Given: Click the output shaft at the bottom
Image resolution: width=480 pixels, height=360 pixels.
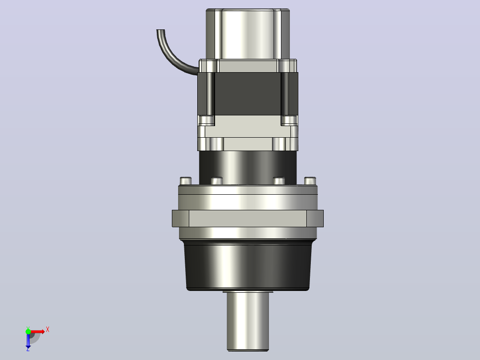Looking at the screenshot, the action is pyautogui.click(x=248, y=321).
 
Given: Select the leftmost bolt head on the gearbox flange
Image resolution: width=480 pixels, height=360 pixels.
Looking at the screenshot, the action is pyautogui.click(x=186, y=181).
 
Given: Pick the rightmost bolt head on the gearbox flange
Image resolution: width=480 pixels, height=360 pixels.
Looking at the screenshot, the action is pyautogui.click(x=310, y=181).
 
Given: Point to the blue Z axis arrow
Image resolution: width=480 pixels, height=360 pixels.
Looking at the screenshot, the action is pyautogui.click(x=28, y=341).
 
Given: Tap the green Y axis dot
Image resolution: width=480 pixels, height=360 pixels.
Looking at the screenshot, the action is pyautogui.click(x=28, y=331).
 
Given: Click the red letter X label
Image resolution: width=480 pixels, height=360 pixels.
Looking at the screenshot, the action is pyautogui.click(x=48, y=330).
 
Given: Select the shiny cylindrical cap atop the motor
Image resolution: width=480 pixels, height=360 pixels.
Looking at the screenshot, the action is pyautogui.click(x=248, y=34).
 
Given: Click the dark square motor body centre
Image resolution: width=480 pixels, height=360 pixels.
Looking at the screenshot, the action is pyautogui.click(x=248, y=94).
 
